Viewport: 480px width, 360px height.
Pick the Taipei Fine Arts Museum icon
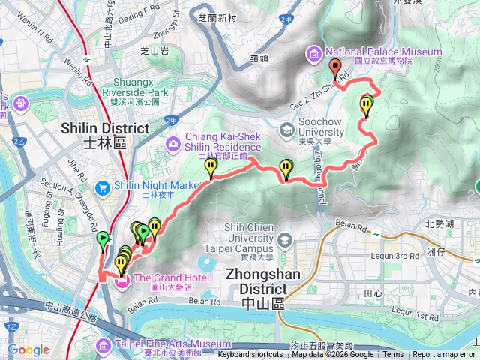coord(104,344)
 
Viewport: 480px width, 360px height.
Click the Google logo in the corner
coord(28,349)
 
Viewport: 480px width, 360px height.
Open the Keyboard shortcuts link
coord(250,355)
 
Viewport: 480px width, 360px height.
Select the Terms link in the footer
coord(393,355)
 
